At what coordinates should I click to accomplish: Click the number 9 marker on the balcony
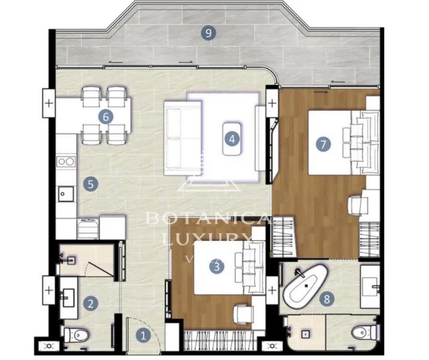pyautogui.click(x=208, y=34)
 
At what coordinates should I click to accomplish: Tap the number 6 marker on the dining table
pyautogui.click(x=106, y=116)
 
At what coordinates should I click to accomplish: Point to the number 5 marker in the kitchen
pyautogui.click(x=90, y=184)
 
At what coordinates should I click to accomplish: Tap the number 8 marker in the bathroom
pyautogui.click(x=326, y=298)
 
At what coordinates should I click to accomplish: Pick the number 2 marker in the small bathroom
pyautogui.click(x=90, y=304)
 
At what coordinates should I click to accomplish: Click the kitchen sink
pyautogui.click(x=65, y=193)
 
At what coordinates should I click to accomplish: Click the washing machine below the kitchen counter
pyautogui.click(x=88, y=229)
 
